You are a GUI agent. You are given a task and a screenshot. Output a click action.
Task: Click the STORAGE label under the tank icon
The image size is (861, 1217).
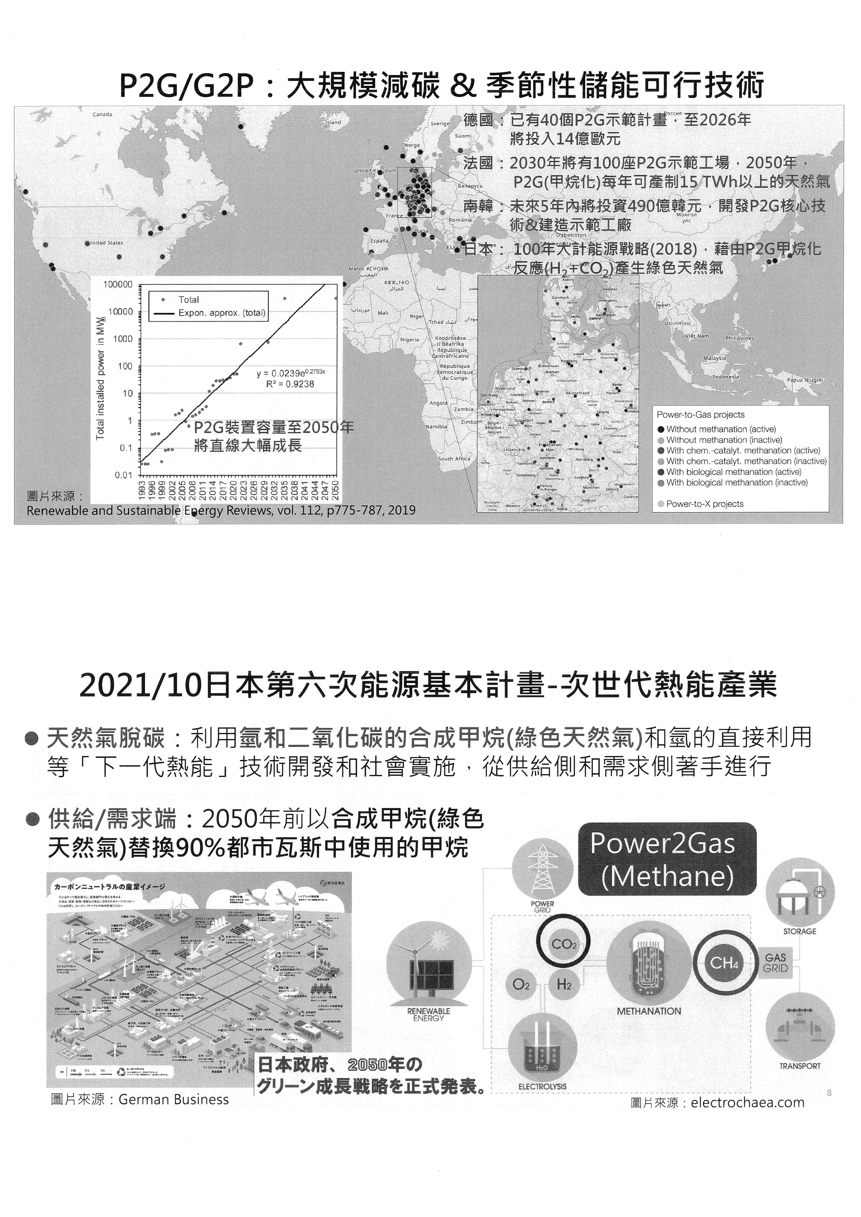tap(800, 931)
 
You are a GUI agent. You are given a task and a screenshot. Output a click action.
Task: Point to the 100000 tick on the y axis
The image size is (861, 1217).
tap(118, 285)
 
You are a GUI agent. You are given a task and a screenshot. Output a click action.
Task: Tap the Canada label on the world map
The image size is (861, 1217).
tap(102, 114)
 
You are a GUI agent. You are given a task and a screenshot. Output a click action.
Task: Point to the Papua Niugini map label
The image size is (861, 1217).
tap(804, 380)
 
